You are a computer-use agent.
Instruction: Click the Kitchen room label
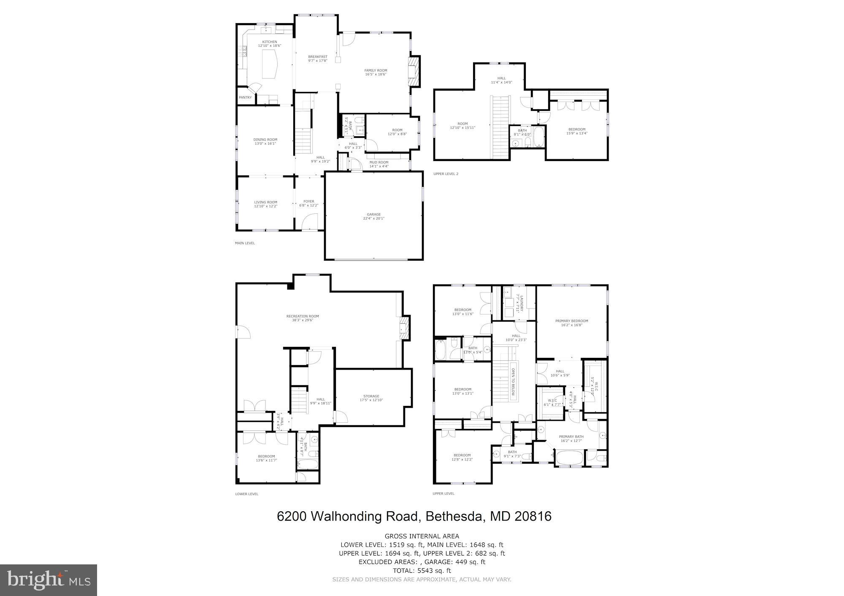pos(270,43)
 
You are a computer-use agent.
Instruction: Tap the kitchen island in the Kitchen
pos(270,64)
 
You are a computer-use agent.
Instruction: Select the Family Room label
pos(376,72)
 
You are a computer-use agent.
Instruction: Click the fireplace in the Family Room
pos(414,71)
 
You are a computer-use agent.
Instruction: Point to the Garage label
pos(373,216)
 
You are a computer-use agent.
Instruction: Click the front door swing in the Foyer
pos(311,221)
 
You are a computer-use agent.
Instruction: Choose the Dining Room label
pos(265,141)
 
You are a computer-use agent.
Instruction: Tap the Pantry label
pos(245,97)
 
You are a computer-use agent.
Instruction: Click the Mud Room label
pos(379,164)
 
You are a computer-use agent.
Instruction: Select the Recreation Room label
pos(302,318)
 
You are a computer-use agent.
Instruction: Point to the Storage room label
pos(371,398)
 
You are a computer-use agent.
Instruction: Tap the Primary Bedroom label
pos(571,323)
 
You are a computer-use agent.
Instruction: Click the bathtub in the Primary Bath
pos(569,458)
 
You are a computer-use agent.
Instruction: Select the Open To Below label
pos(514,381)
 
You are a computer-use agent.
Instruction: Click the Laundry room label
pos(522,303)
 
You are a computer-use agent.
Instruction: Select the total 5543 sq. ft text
pos(422,571)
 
